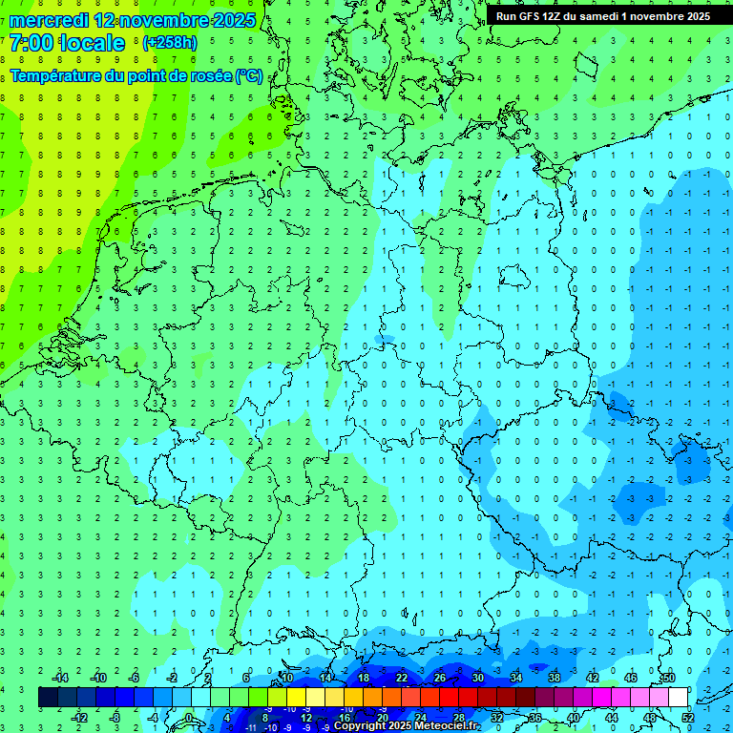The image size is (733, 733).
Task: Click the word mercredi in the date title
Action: pos(49,20)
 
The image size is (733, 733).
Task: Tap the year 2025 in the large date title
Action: pos(229,20)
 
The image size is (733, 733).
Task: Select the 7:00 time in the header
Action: pos(31,43)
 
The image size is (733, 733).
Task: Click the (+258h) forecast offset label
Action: pos(171,43)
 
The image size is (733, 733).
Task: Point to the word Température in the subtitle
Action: pos(60,75)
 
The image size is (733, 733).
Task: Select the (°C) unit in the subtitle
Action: pos(249,75)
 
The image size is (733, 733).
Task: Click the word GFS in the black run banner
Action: pos(533,16)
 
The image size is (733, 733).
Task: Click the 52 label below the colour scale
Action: pos(688,717)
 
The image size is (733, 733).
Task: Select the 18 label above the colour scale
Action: pos(364,678)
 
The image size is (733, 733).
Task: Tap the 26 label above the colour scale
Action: pos(440,678)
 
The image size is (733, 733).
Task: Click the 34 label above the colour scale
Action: pos(516,678)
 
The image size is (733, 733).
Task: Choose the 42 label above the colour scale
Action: pos(593,678)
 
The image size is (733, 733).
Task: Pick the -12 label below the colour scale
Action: pos(80,717)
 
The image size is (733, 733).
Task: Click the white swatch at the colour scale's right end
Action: pos(678,698)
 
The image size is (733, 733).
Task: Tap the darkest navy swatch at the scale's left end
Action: pos(48,698)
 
